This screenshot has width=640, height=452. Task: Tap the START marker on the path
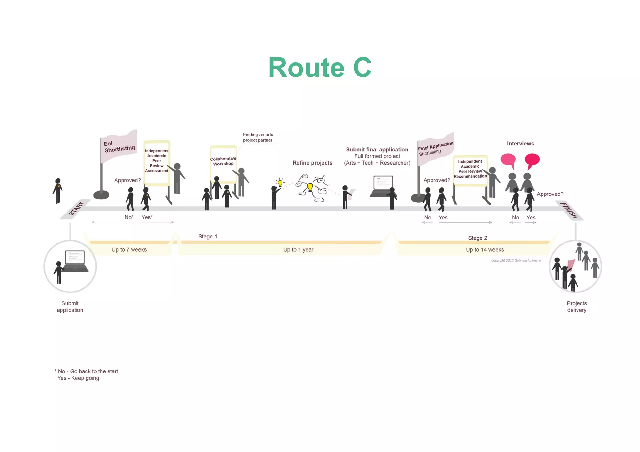point(76,209)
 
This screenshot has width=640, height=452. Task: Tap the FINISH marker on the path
point(569,210)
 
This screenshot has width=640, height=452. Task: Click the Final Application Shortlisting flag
point(435,148)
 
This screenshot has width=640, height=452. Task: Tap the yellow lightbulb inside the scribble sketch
point(310,187)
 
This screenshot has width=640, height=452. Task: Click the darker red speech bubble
point(532,160)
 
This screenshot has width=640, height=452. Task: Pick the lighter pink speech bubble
point(508,160)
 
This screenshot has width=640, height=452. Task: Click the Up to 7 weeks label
point(129,249)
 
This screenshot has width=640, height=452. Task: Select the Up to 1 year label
point(298,249)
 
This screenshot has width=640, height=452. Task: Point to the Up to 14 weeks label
point(485,249)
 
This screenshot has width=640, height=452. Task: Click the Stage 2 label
point(477,238)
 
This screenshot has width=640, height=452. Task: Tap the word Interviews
point(520,144)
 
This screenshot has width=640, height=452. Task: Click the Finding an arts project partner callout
point(258,137)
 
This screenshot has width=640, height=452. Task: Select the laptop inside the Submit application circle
point(75,261)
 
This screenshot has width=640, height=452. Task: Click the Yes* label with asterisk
point(147,217)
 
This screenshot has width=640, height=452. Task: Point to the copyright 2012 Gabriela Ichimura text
point(516,260)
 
